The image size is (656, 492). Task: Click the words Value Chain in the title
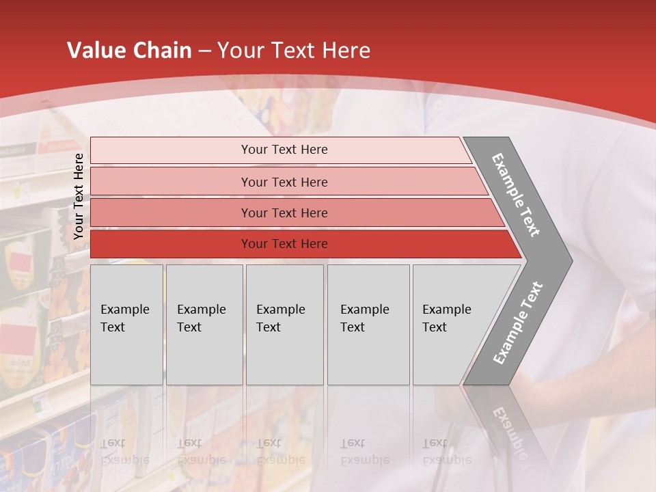pos(129,51)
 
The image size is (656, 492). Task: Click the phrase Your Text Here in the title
pos(294,51)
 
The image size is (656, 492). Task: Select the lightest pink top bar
pos(171,150)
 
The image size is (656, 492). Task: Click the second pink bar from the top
pos(171,182)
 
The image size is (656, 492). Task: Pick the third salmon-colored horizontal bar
pos(171,213)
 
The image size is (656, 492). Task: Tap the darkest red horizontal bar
pos(171,244)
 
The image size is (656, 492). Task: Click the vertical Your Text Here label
pos(79,196)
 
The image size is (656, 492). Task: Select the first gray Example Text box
pos(126,325)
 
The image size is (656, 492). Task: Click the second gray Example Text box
pos(204,325)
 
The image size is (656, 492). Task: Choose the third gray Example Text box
pos(284,325)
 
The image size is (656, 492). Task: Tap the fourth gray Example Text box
pos(368,325)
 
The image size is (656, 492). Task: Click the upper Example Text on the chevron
pos(516,195)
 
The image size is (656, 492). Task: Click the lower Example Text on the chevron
pos(517,323)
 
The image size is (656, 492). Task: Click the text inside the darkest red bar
pos(284,244)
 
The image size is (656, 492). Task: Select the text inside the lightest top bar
pos(284,150)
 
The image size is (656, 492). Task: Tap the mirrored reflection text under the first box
pos(124,451)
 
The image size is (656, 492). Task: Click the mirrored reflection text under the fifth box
pos(446,451)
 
